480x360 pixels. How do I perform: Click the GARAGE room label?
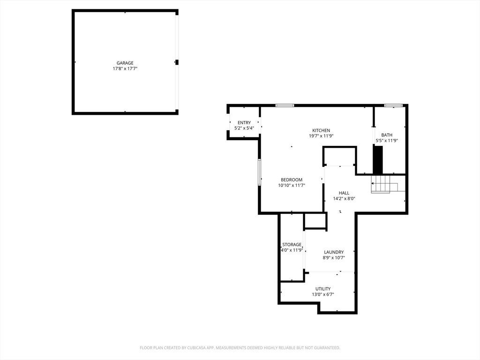click(x=125, y=63)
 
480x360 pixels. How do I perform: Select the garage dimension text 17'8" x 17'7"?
click(x=125, y=69)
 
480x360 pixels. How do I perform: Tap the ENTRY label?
click(x=244, y=123)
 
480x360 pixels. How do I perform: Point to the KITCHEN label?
click(x=321, y=130)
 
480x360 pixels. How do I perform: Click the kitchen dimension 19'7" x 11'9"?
click(x=321, y=136)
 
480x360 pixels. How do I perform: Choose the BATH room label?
click(x=387, y=135)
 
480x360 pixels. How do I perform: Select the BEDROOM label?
click(x=292, y=180)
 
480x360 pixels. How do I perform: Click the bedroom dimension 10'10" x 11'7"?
click(x=292, y=186)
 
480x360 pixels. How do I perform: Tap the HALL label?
click(x=344, y=193)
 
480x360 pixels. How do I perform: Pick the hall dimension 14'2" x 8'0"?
click(x=344, y=199)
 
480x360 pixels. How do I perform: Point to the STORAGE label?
click(x=292, y=245)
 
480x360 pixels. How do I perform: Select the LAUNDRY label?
click(x=334, y=252)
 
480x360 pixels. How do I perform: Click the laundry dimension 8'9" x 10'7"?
click(x=334, y=258)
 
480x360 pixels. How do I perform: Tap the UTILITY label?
click(x=323, y=289)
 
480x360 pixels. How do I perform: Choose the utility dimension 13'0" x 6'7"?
click(x=323, y=295)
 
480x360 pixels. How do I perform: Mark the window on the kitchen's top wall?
click(x=285, y=105)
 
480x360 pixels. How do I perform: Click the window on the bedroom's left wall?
click(x=259, y=172)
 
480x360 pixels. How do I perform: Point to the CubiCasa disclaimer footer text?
click(x=240, y=348)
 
